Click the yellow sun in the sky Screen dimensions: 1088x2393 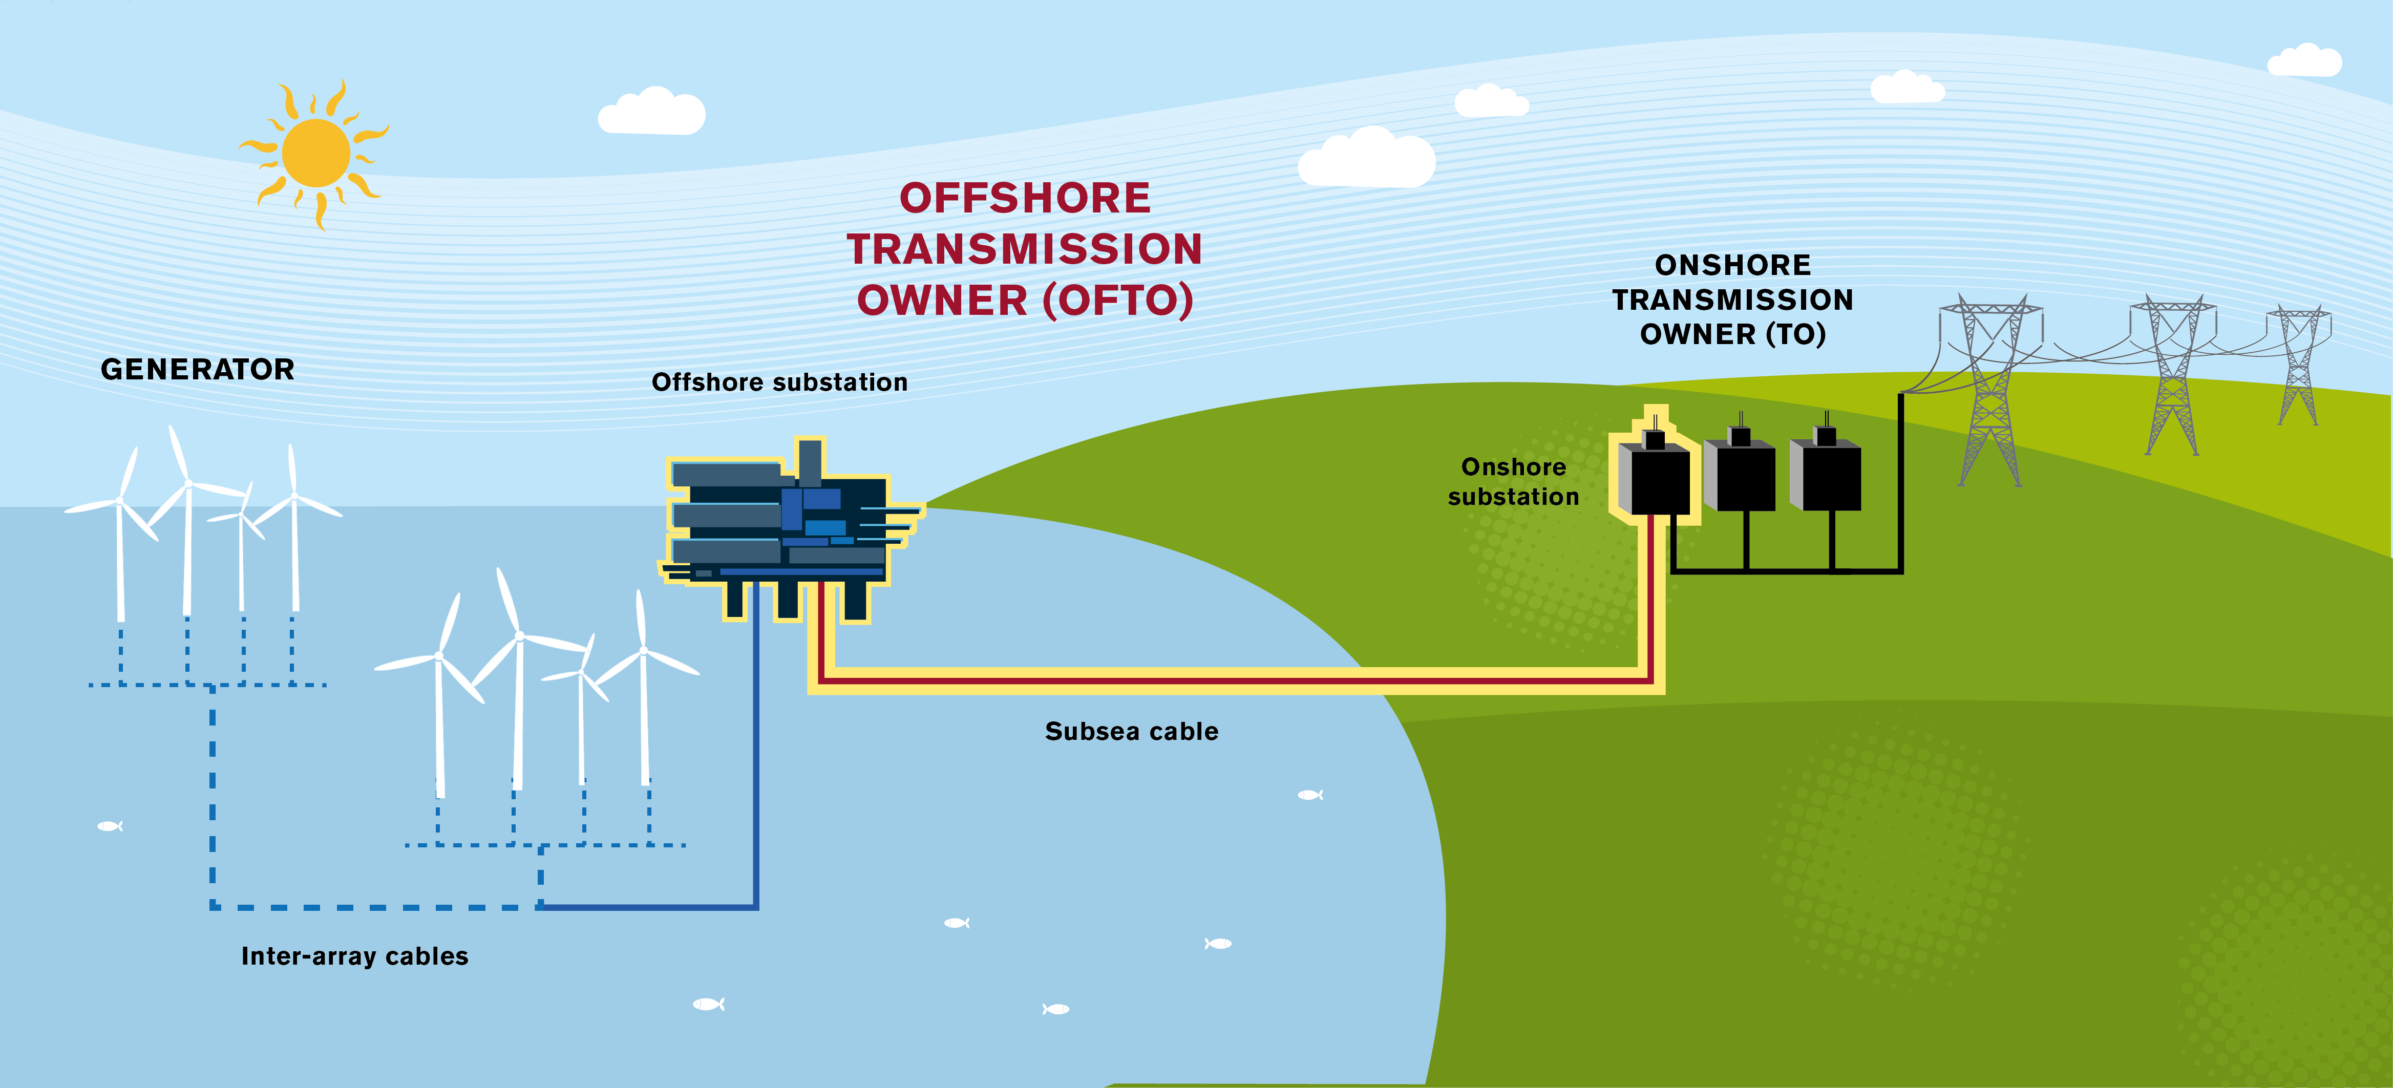click(316, 153)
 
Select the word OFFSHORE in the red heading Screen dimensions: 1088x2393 click(1025, 198)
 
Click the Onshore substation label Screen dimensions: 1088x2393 click(1513, 481)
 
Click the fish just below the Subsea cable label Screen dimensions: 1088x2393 click(1310, 795)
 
